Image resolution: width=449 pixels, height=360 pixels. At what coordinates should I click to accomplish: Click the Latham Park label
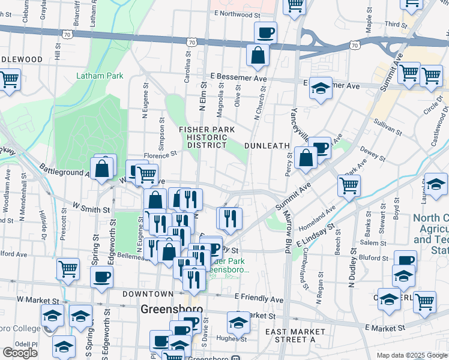click(100, 76)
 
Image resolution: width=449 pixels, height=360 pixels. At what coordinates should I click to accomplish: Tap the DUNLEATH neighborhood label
click(267, 146)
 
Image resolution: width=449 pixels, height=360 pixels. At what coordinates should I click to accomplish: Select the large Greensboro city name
click(171, 310)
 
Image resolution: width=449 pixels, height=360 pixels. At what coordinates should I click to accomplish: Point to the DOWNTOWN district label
click(148, 294)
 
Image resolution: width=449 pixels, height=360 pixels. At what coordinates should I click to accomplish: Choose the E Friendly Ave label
click(259, 298)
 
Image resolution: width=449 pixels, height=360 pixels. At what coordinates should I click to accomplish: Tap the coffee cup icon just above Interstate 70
click(265, 32)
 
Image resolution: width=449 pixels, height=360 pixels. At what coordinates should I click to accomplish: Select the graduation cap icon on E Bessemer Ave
click(321, 89)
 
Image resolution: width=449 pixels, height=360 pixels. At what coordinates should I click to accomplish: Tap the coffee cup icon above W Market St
click(101, 277)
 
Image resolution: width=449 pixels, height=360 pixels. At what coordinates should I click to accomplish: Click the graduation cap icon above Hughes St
click(238, 323)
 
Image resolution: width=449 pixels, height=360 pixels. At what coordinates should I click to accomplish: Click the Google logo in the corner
click(20, 353)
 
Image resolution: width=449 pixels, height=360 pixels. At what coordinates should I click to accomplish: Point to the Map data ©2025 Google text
click(412, 355)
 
